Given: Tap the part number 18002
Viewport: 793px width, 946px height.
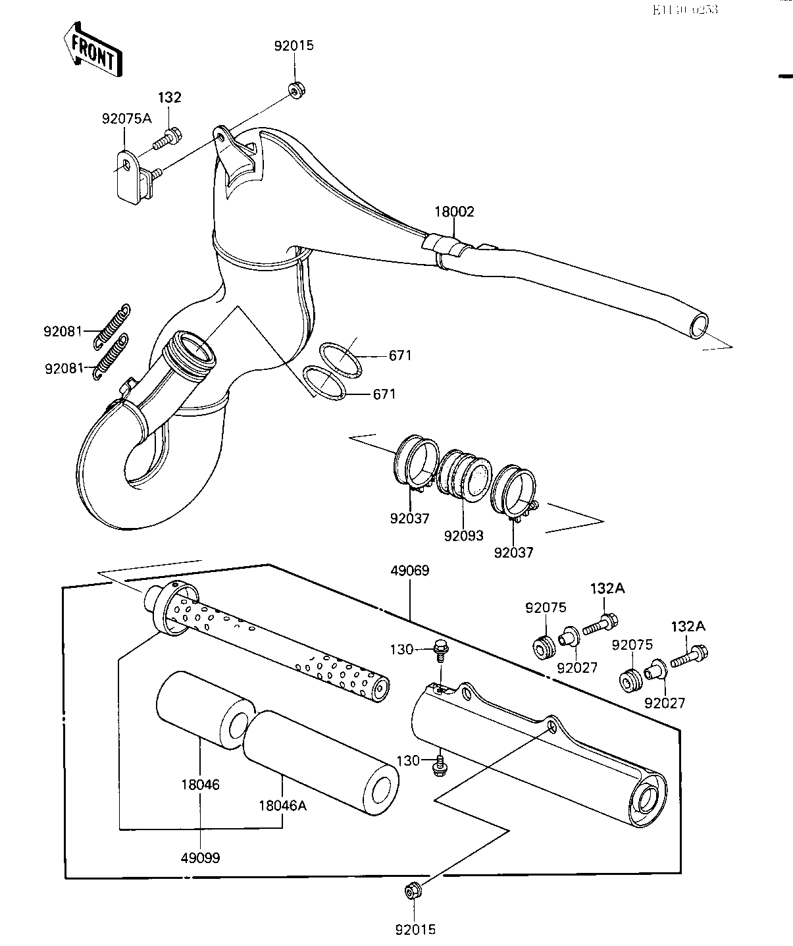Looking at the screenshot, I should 453,212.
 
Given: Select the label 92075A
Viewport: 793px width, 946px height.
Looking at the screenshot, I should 126,119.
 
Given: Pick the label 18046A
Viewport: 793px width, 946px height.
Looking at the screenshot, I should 282,805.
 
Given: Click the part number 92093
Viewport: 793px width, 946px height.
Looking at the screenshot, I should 463,536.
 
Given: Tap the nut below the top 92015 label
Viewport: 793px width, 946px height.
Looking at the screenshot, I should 295,90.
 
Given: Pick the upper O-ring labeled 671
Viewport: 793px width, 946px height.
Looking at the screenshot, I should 339,359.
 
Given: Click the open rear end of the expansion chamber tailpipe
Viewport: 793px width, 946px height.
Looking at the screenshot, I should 699,325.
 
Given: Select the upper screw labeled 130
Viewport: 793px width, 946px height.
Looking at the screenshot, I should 440,651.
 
